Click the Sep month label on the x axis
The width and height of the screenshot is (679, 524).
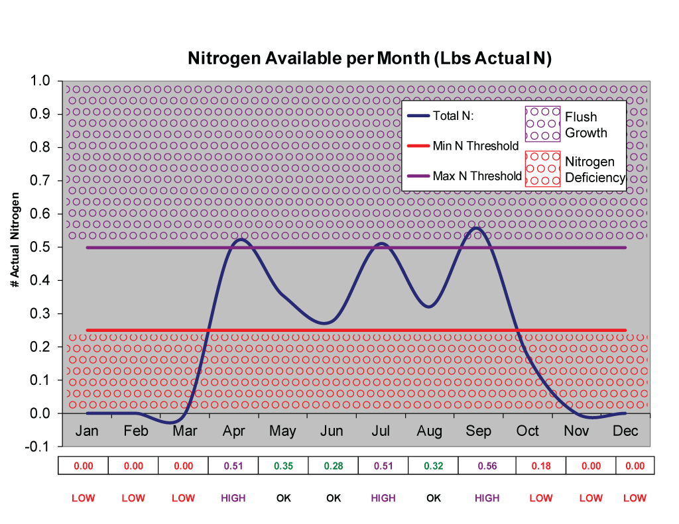tap(478, 431)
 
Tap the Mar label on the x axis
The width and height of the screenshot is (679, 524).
tap(184, 431)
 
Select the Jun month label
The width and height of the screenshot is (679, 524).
tap(332, 431)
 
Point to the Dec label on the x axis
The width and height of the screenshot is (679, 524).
tap(625, 431)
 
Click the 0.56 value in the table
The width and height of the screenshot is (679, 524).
tap(487, 466)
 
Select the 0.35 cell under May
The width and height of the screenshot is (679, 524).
tap(283, 466)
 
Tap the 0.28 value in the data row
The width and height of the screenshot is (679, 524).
tap(334, 466)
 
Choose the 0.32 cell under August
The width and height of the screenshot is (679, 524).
tap(434, 466)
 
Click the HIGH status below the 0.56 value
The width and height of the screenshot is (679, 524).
tap(487, 498)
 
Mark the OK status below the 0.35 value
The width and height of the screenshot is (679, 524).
tap(283, 498)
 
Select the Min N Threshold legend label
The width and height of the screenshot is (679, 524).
tap(475, 146)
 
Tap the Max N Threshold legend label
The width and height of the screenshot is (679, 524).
tap(477, 176)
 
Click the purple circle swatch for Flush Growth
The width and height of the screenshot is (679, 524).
tap(542, 124)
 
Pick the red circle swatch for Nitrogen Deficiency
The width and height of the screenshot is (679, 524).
tap(542, 169)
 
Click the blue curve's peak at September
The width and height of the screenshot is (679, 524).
tap(476, 228)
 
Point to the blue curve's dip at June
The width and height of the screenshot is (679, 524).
tap(324, 323)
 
